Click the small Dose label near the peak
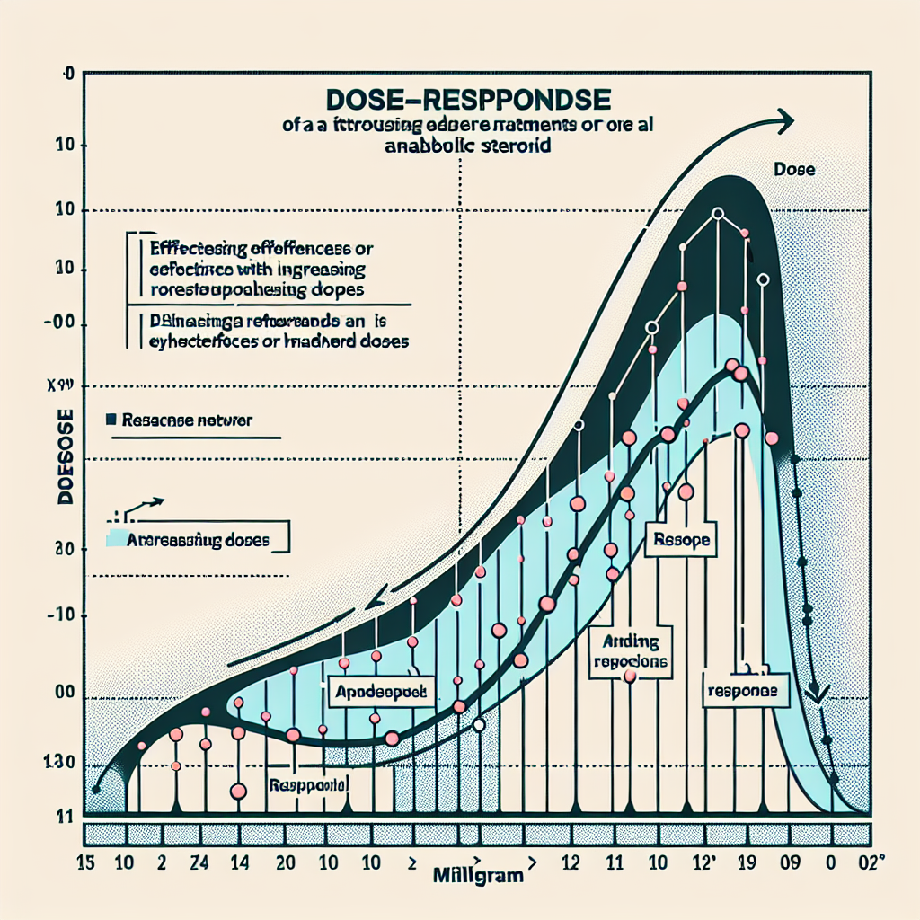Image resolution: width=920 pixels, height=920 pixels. click(x=793, y=168)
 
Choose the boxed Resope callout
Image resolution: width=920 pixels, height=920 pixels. click(x=681, y=542)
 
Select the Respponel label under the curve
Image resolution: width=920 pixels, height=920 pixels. click(x=307, y=785)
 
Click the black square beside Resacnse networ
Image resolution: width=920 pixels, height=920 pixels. click(x=111, y=419)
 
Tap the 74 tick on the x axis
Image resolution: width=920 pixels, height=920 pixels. click(x=201, y=866)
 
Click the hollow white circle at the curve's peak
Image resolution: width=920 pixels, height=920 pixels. click(x=717, y=214)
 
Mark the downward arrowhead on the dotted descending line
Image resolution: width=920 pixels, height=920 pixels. click(x=818, y=694)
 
